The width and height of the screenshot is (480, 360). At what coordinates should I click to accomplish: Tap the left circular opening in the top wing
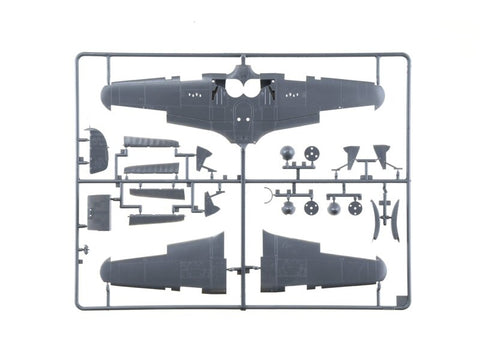229,89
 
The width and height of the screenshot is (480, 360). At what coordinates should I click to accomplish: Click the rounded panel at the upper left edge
98,150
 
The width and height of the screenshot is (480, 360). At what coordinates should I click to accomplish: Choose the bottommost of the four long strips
155,216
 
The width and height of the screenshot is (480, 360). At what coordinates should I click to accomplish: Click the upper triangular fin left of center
204,156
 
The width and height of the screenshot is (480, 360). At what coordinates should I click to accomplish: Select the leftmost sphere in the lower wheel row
289,208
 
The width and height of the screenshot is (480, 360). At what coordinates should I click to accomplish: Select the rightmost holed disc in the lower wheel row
354,208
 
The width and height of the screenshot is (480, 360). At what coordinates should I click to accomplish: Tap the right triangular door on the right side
381,155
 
